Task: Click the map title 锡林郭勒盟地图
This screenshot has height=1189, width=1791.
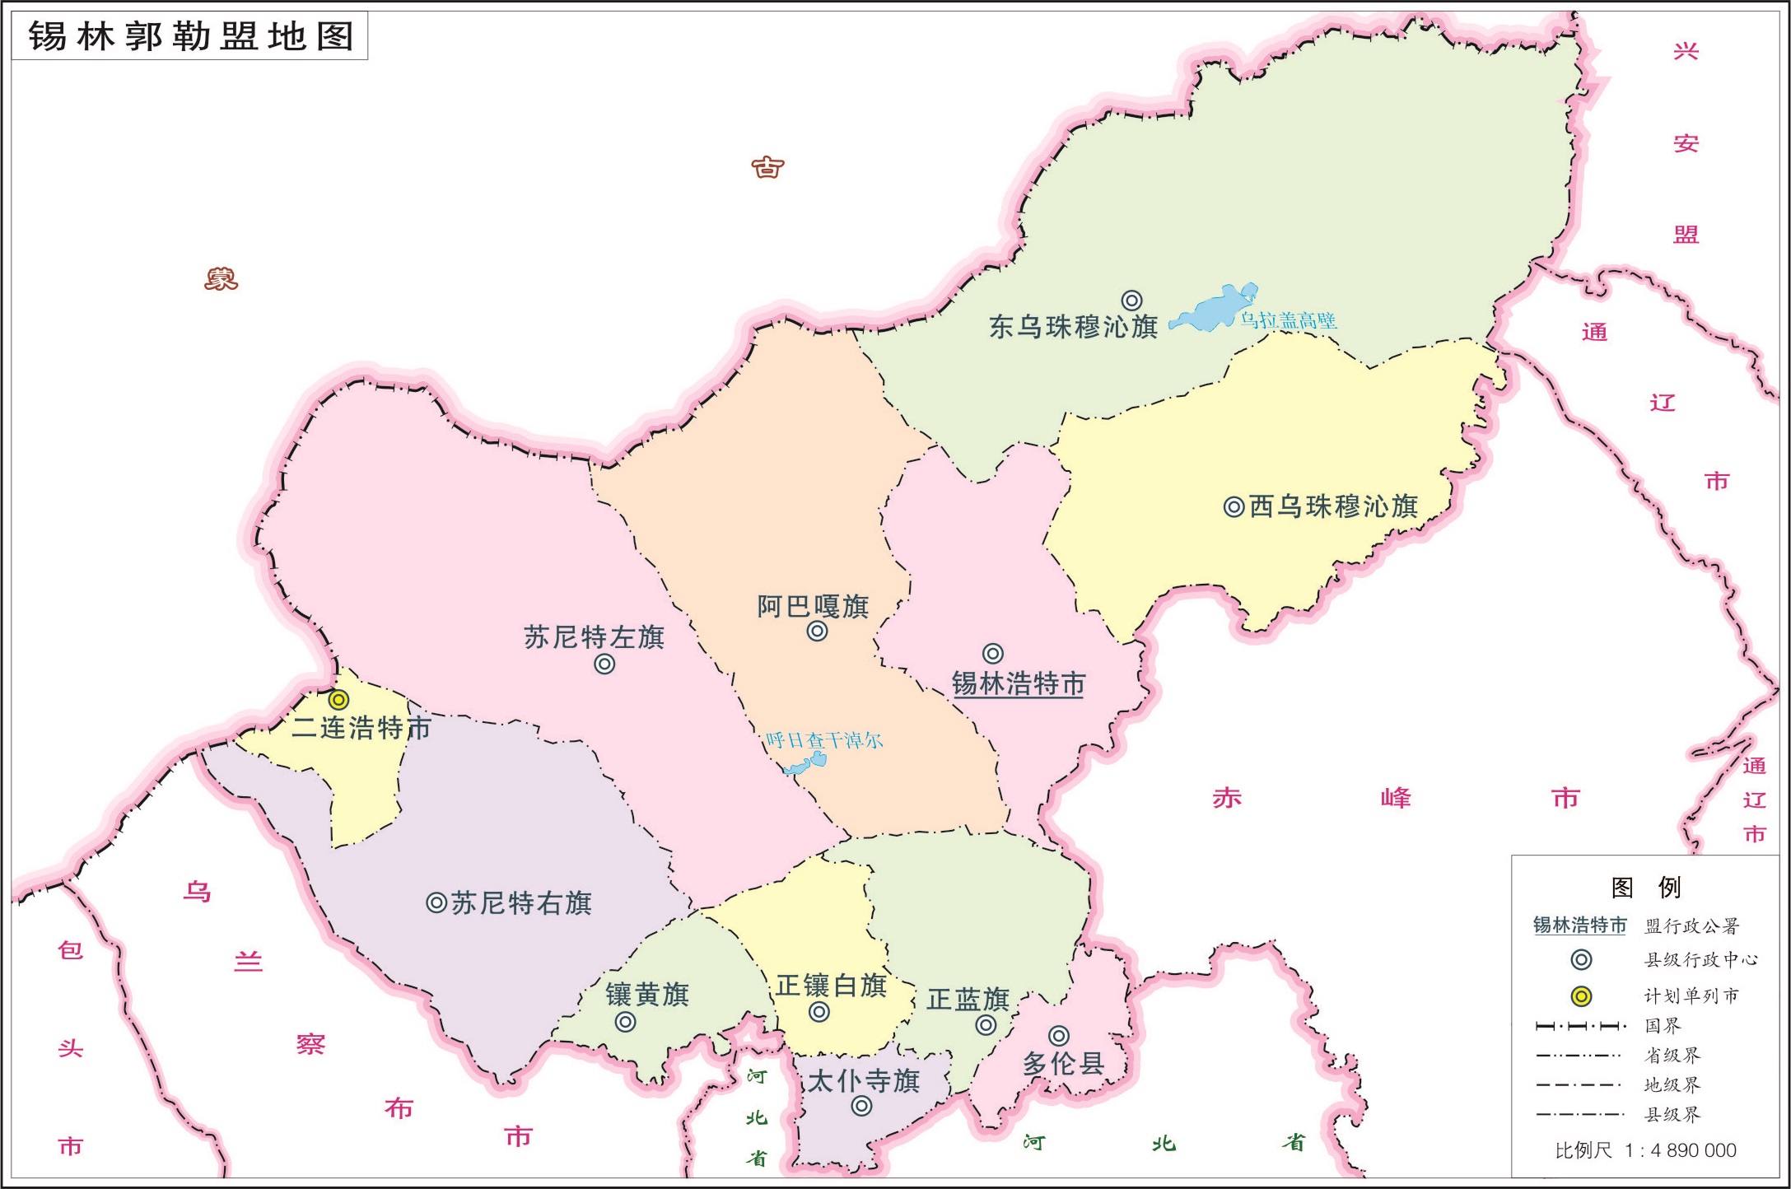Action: tap(190, 37)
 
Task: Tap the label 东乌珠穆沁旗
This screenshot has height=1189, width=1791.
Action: tap(1073, 327)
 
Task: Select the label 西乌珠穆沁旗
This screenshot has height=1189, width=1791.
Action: tap(1333, 506)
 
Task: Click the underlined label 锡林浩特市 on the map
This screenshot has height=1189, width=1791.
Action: tap(1019, 684)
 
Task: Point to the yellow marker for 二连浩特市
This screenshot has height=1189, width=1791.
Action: tap(338, 700)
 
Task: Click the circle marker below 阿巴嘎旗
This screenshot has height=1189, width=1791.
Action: tap(817, 632)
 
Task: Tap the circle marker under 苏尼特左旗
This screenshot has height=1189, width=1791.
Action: tap(604, 664)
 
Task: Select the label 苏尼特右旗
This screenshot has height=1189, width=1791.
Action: tap(521, 903)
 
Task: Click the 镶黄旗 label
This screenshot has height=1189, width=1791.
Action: tap(647, 995)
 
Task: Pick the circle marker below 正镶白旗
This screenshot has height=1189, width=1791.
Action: tap(819, 1012)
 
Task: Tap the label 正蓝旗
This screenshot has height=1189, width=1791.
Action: tap(968, 1000)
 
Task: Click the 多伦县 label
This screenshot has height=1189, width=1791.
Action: tap(1063, 1064)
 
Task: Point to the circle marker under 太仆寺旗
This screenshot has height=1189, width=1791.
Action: tap(861, 1106)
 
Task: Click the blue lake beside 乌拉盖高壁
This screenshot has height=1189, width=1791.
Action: tap(1210, 309)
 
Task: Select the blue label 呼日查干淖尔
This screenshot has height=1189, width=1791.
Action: tap(824, 740)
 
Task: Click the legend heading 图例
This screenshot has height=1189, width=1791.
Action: tap(1645, 888)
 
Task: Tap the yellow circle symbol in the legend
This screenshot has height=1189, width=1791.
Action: tap(1581, 996)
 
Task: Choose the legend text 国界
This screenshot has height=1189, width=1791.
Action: tap(1663, 1026)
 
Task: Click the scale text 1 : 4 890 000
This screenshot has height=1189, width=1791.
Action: tap(1680, 1150)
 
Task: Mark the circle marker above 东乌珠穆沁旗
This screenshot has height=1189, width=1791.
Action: tap(1132, 301)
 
